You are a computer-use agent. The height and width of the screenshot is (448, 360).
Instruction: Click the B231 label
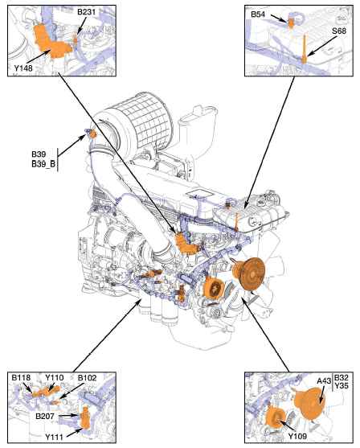point(86,12)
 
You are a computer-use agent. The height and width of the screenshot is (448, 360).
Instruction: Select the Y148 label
point(23,68)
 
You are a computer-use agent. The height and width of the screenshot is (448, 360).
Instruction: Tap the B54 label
point(258,14)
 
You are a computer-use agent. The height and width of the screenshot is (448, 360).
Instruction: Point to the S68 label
point(339,31)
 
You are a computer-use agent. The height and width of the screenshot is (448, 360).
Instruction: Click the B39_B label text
point(43,164)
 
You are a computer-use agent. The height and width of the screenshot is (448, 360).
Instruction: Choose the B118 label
point(21,377)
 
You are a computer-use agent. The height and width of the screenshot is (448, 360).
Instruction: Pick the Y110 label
point(55,377)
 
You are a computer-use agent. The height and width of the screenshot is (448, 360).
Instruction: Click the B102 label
point(88,377)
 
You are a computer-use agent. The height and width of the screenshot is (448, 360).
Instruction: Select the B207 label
point(45,416)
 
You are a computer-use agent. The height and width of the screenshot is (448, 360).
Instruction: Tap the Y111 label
point(55,437)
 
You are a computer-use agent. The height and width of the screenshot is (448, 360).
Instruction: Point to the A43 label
point(324,381)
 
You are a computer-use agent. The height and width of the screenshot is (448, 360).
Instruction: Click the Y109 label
point(297,436)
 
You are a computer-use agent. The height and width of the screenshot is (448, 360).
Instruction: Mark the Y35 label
point(342,385)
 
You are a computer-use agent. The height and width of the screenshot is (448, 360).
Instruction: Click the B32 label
point(342,377)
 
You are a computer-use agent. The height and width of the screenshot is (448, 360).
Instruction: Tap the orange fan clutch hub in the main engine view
point(249,273)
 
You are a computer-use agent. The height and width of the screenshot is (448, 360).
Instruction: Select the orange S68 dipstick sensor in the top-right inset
point(305,49)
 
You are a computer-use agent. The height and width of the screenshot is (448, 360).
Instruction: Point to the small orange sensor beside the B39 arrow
point(93,134)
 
